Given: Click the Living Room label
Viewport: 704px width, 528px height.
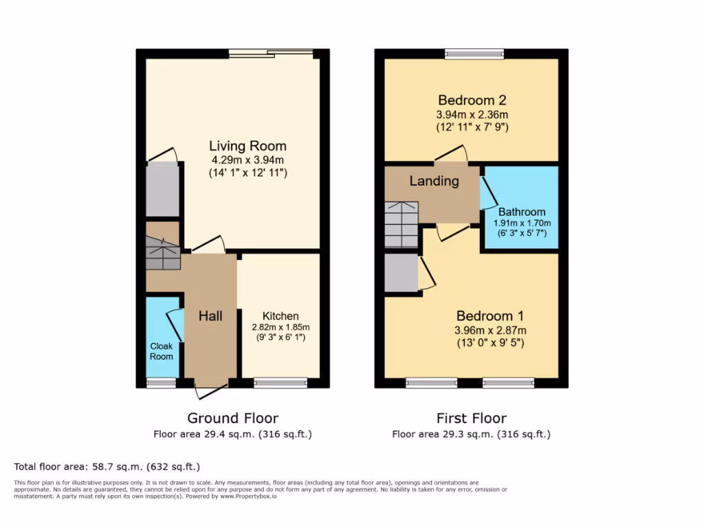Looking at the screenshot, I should pos(247,146).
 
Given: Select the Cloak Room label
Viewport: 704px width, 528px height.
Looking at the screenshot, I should pos(162,351).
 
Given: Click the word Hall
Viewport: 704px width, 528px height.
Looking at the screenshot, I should pos(210,316).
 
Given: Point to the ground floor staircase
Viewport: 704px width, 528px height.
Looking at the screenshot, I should pos(163,253).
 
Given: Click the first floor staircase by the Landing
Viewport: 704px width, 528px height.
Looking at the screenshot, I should pos(401,225).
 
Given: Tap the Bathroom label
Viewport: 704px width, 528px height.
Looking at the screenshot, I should pos(522,212).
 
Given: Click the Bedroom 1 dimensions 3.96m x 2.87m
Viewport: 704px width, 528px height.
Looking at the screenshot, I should pos(489,330).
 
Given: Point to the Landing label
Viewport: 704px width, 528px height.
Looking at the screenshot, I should pos(434,181).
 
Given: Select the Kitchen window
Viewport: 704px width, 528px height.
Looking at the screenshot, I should pos(280,383).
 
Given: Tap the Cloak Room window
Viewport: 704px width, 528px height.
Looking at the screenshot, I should pos(162,383).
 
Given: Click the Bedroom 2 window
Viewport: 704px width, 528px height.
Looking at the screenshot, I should pos(474,54).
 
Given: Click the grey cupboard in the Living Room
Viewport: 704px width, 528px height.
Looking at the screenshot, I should pos(163,189).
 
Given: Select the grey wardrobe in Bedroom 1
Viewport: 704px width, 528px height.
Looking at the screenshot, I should pos(401,273).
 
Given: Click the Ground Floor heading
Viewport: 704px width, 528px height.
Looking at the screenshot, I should pos(232,418).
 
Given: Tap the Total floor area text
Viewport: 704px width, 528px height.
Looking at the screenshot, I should pos(107,465).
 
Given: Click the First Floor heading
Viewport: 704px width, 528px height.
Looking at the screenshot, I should pos(471,418).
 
